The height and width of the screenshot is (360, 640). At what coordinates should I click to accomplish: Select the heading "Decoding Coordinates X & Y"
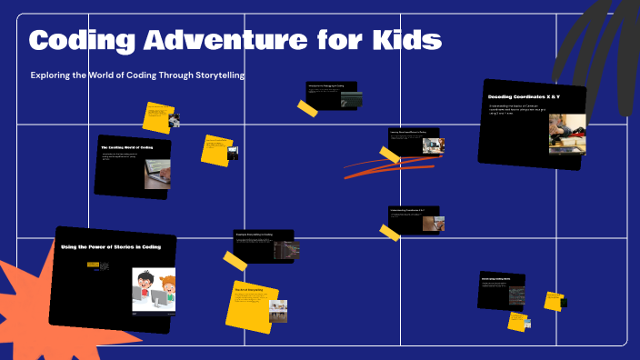pyautogui.click(x=524, y=96)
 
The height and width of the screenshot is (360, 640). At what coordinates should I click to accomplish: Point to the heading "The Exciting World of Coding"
pyautogui.click(x=126, y=146)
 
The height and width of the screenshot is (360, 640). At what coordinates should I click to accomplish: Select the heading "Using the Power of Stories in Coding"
pyautogui.click(x=111, y=246)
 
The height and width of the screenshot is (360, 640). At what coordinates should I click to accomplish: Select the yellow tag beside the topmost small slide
pyautogui.click(x=307, y=107)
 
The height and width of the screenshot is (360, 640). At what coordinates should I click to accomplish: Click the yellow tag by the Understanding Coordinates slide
pyautogui.click(x=390, y=233)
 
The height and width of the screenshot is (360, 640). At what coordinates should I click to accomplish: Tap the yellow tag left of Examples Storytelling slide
pyautogui.click(x=235, y=261)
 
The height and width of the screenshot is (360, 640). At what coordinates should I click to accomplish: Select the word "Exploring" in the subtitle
pyautogui.click(x=54, y=75)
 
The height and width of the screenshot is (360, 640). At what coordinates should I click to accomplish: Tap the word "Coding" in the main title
pyautogui.click(x=76, y=40)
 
